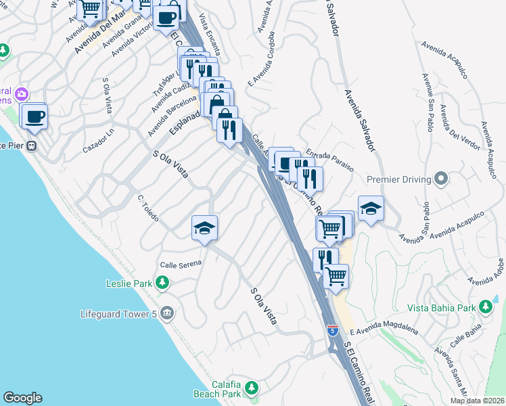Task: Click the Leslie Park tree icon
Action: click(162, 282)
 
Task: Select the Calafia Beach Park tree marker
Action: click(252, 388)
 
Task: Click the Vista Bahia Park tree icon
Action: click(485, 308)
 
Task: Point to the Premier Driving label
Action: click(398, 179)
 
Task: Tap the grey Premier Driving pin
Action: click(441, 179)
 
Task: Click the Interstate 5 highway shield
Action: click(332, 330)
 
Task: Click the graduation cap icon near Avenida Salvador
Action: click(371, 208)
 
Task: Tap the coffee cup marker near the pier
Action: click(34, 116)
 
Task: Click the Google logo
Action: click(22, 398)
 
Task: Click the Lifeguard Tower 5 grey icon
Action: click(168, 313)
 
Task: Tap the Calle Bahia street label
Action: click(467, 334)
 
